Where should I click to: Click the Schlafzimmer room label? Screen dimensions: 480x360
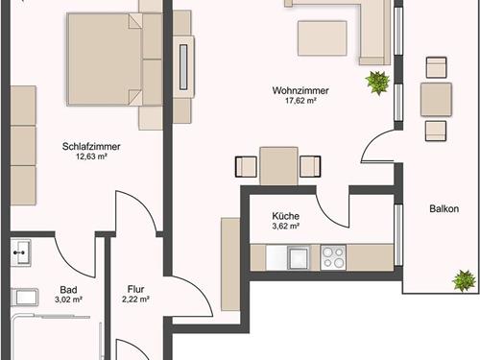click(x=91, y=147)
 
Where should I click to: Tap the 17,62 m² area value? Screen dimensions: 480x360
click(x=300, y=101)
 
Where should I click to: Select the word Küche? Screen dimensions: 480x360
click(x=286, y=216)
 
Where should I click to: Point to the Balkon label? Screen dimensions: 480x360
click(x=444, y=209)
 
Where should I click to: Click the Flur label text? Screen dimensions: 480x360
click(x=136, y=289)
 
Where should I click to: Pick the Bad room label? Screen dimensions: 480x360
click(x=68, y=290)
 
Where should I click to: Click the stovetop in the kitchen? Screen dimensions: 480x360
click(x=333, y=257)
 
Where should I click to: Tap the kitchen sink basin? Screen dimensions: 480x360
click(x=299, y=257)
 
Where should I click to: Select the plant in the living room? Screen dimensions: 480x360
click(x=378, y=83)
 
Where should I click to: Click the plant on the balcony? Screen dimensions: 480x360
click(x=464, y=280)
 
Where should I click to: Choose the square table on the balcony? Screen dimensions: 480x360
click(x=436, y=99)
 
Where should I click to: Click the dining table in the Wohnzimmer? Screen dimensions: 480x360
click(x=278, y=166)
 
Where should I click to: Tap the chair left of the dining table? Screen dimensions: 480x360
click(x=246, y=166)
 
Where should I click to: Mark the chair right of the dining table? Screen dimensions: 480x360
click(x=310, y=166)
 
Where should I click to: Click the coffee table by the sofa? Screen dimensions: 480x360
click(x=323, y=38)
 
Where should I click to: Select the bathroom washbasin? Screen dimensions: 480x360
click(x=21, y=252)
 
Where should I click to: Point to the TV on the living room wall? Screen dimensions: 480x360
click(x=183, y=67)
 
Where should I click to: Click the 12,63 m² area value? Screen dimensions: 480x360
click(x=91, y=156)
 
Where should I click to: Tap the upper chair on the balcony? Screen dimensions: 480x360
click(x=436, y=67)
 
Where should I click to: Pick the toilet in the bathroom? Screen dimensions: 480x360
click(x=25, y=298)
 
